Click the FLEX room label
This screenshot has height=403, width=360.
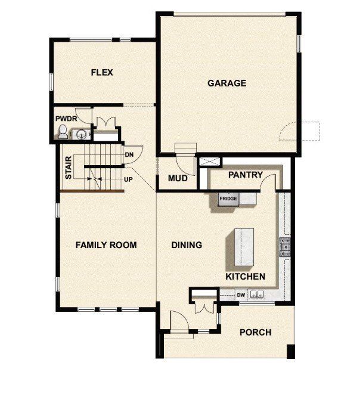click(102, 73)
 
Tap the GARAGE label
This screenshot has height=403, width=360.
click(226, 83)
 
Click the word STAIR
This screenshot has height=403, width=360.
click(69, 168)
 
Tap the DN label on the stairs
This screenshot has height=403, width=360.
click(129, 155)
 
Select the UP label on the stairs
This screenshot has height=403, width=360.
click(128, 179)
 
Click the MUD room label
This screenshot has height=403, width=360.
click(178, 178)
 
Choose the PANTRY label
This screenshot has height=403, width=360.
click(246, 175)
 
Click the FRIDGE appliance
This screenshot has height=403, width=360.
click(228, 199)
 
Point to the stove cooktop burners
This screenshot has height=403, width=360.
click(285, 246)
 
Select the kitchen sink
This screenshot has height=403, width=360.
click(257, 294)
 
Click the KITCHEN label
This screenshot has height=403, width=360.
click(245, 277)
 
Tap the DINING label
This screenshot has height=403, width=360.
click(187, 245)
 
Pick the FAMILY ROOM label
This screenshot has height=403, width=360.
click(106, 245)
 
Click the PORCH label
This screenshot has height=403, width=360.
click(255, 332)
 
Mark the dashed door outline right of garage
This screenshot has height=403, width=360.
click(305, 131)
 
